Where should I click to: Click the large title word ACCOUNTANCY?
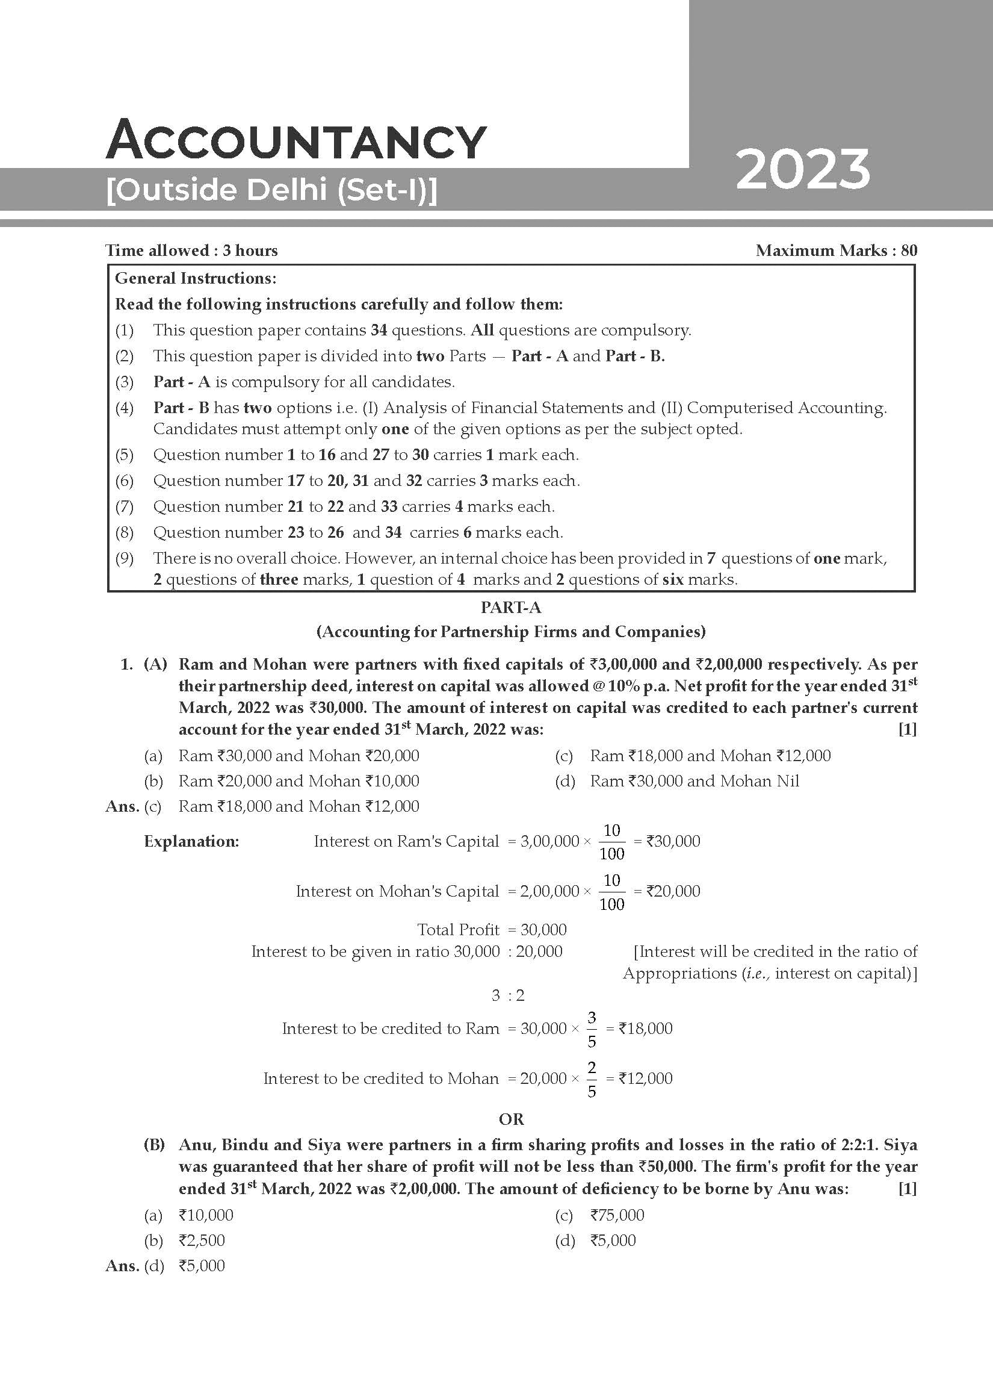[x=296, y=141]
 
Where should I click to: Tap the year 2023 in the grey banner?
[x=803, y=170]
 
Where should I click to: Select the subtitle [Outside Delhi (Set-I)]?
[x=271, y=190]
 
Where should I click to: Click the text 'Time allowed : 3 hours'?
[x=191, y=251]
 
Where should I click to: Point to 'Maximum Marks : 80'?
[x=836, y=251]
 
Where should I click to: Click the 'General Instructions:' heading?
[x=196, y=278]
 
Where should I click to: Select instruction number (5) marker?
[x=125, y=455]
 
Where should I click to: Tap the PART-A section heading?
[x=511, y=608]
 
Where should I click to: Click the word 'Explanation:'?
[x=191, y=841]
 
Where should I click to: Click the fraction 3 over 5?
[x=592, y=1029]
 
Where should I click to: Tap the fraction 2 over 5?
[x=592, y=1079]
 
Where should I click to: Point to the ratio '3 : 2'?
[x=508, y=995]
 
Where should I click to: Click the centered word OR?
[x=511, y=1119]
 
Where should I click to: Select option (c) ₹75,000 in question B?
[x=616, y=1215]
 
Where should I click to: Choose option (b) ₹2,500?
[x=202, y=1240]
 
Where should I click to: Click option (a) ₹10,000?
[x=206, y=1215]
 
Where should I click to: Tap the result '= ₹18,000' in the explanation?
[x=639, y=1029]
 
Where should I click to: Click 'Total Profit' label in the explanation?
[x=458, y=929]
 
